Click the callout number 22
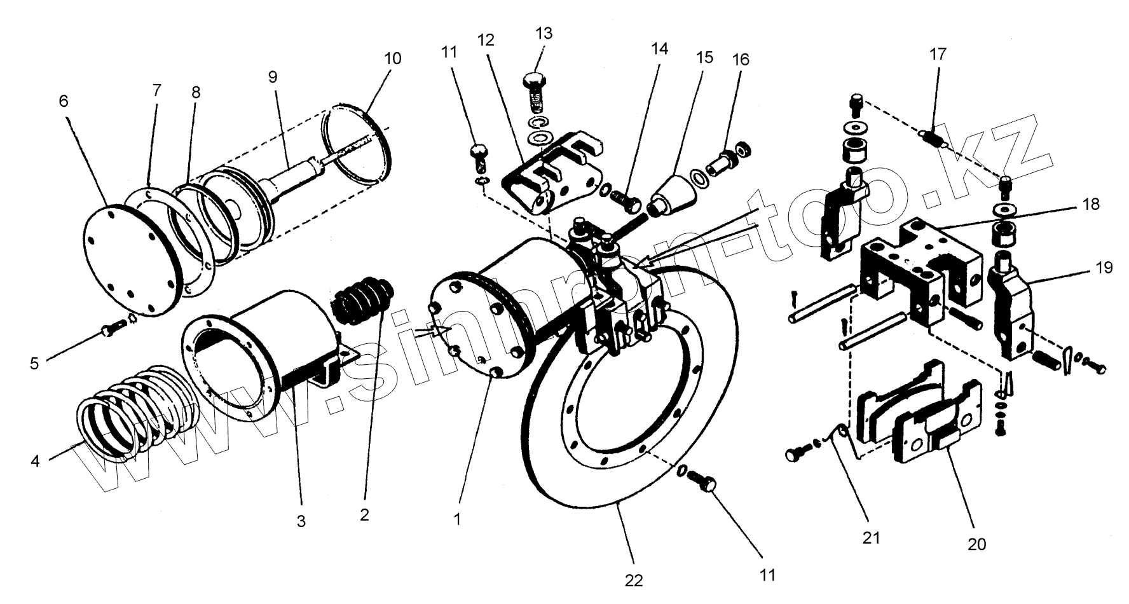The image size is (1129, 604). coord(634,580)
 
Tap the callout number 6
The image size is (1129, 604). coord(65,102)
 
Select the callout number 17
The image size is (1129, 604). coord(938,54)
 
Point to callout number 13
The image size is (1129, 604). coord(544,33)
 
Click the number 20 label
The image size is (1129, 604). coord(976,544)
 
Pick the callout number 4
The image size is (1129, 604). coord(35,460)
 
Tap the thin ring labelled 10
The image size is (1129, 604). coord(359,142)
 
